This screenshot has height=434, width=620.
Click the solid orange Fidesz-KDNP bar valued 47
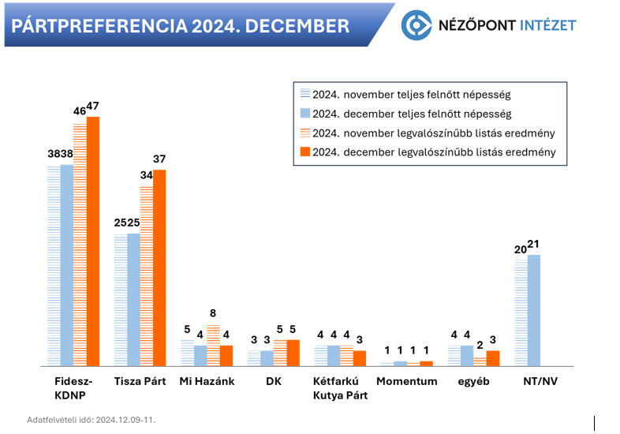tap(93, 241)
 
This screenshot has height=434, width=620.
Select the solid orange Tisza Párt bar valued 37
tap(159, 268)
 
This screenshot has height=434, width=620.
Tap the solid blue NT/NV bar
tap(534, 310)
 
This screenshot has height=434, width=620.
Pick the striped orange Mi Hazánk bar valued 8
tap(213, 346)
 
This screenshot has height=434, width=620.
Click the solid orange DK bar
tap(293, 353)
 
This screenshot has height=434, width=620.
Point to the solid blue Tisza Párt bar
tap(133, 299)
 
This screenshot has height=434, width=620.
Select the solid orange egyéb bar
tap(493, 358)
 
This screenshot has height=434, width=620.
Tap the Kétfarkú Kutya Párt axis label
tap(340, 388)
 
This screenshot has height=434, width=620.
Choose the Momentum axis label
tap(407, 382)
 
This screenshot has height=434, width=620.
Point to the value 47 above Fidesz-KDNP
tap(93, 106)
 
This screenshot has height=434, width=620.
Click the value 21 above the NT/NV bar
tap(534, 245)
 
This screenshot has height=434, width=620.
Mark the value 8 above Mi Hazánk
tap(213, 313)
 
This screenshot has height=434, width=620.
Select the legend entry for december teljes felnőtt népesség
tap(411, 114)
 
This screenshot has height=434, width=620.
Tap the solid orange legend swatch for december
tap(304, 152)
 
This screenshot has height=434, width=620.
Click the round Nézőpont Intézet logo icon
tap(416, 25)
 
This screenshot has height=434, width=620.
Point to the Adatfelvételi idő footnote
tap(92, 419)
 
